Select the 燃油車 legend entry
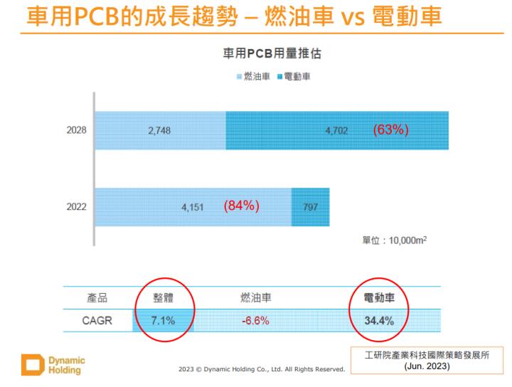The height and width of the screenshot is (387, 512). [254, 75]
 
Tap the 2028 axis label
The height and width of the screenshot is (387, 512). [76, 131]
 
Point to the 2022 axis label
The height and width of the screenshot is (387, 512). [76, 208]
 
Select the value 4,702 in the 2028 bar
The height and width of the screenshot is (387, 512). [335, 132]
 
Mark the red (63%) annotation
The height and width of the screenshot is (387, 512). [390, 130]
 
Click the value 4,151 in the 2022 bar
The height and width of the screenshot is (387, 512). [193, 208]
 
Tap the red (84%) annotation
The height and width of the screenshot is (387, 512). [240, 206]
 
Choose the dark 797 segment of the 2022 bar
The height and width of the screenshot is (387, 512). [311, 207]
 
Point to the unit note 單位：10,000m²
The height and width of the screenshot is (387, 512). [395, 240]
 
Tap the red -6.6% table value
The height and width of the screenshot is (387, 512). [255, 321]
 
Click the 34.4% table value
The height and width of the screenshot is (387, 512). [379, 321]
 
